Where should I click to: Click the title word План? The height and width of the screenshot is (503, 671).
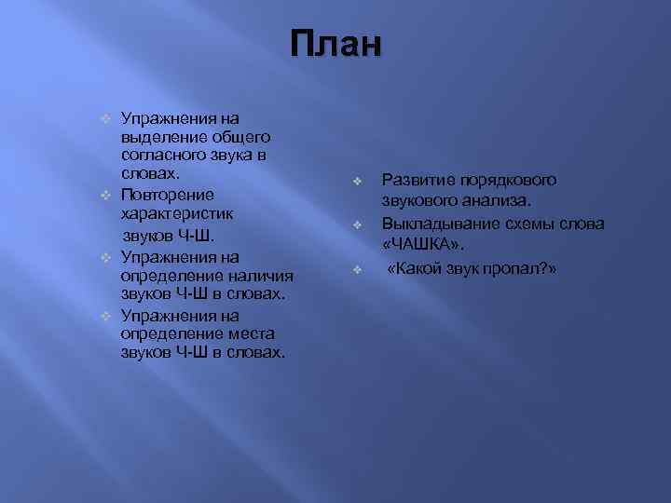[335, 44]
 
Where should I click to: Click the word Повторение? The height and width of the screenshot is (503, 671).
[168, 195]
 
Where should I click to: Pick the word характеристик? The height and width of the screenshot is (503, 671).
[177, 213]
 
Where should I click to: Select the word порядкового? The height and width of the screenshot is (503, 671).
[507, 179]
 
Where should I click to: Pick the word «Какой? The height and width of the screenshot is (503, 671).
[417, 268]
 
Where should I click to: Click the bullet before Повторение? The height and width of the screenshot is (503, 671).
[106, 195]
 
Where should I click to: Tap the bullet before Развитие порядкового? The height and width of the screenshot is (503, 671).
[356, 179]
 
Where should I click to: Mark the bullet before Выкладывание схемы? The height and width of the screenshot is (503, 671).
[356, 224]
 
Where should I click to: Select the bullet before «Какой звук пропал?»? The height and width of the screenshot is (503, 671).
[356, 269]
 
